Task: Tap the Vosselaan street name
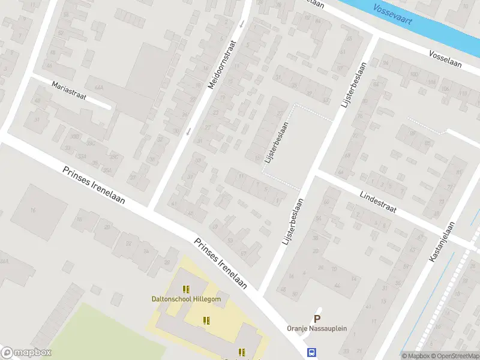tap(445, 59)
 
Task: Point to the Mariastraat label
tap(69, 91)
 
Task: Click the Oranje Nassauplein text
tap(316, 329)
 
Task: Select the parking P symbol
tap(317, 319)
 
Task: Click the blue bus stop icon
tap(311, 353)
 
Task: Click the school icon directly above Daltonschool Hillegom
tap(185, 289)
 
